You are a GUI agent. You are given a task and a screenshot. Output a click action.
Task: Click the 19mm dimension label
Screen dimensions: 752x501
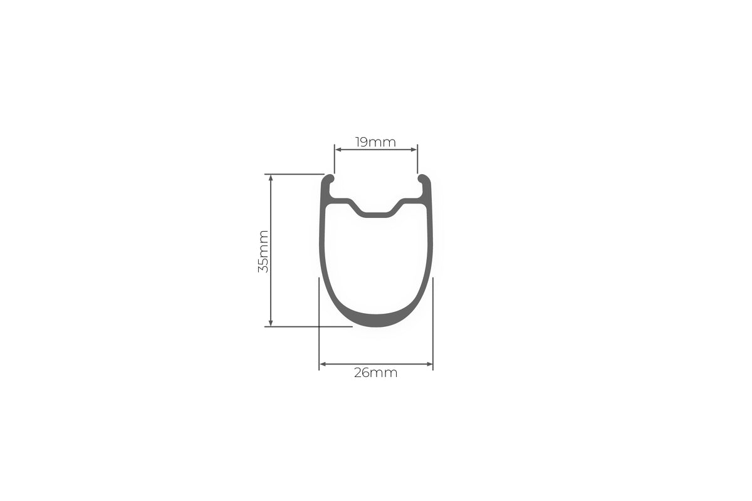[x=375, y=142]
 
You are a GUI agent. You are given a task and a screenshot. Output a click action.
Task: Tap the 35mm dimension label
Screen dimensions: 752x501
[x=263, y=251]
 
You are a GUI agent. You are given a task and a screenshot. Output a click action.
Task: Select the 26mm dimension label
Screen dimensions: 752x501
[x=375, y=373]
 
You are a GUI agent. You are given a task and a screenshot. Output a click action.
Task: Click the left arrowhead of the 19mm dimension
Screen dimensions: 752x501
[x=338, y=150]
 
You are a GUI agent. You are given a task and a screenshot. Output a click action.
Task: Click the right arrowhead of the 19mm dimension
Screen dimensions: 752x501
[x=414, y=150]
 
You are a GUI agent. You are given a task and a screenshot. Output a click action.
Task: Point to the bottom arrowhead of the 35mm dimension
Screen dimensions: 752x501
[x=271, y=323]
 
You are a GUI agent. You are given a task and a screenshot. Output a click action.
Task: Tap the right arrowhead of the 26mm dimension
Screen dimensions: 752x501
[x=429, y=364]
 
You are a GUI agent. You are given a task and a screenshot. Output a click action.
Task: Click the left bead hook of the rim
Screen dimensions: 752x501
[x=328, y=179]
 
